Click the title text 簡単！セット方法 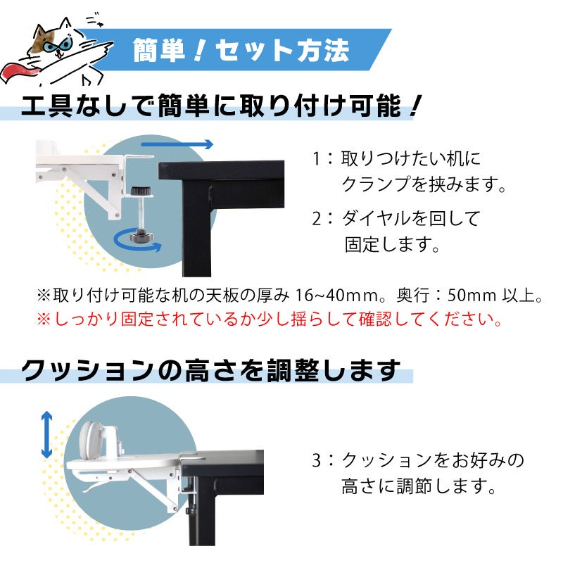241,50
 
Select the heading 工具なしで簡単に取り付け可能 211,106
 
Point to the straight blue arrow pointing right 177,144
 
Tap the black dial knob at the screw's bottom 141,235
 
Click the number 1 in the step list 316,159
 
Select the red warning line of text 269,320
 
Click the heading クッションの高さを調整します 210,370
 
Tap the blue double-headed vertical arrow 46,435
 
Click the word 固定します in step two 392,244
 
